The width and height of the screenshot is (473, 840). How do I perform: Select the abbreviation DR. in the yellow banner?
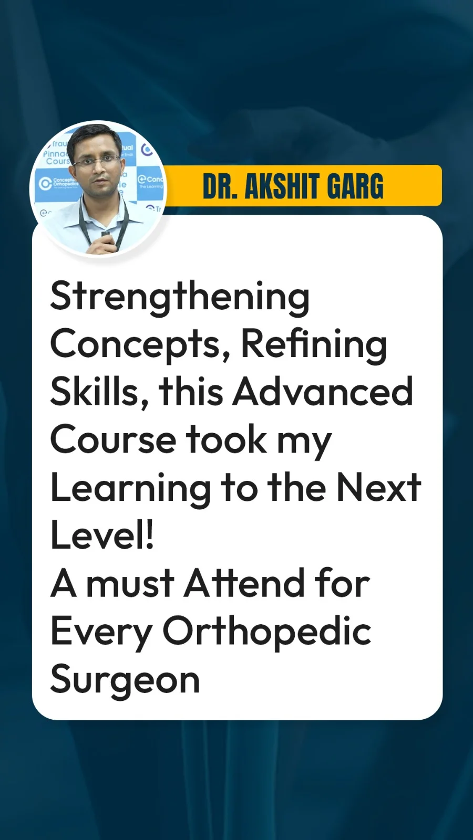220,186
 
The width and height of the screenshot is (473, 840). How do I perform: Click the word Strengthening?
180,299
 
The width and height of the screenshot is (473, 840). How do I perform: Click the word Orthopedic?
267,632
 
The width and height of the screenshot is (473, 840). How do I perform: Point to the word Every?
101,633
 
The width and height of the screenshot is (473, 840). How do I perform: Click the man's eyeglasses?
97,161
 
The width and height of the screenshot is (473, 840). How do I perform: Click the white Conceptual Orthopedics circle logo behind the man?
46,183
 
